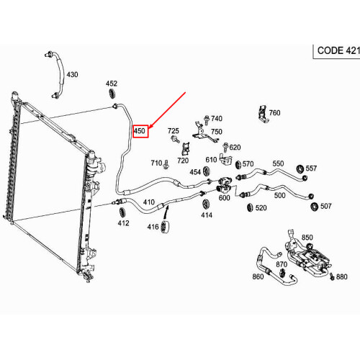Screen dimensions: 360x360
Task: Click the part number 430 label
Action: (x=72, y=75)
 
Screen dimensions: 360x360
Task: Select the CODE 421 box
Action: (x=336, y=51)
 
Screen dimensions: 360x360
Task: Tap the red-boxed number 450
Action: (x=140, y=131)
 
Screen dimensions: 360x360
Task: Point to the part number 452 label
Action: (x=112, y=84)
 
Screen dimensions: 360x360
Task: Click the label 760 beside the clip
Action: (x=274, y=113)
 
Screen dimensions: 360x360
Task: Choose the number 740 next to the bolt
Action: (x=217, y=119)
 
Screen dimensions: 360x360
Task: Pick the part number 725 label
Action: (x=173, y=131)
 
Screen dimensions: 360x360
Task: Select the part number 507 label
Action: (x=325, y=207)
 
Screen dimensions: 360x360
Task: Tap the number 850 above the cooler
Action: (x=307, y=238)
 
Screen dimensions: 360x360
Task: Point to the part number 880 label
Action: (x=341, y=277)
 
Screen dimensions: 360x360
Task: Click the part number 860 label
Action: (x=258, y=276)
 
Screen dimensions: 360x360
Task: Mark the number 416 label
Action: (x=153, y=228)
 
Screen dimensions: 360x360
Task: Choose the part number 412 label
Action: (x=124, y=223)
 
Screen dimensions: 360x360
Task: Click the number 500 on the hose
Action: (x=280, y=195)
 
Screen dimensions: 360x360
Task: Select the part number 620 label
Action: (x=235, y=148)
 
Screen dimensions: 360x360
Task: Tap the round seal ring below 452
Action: (x=112, y=96)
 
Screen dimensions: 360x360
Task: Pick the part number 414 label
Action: (x=207, y=215)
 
